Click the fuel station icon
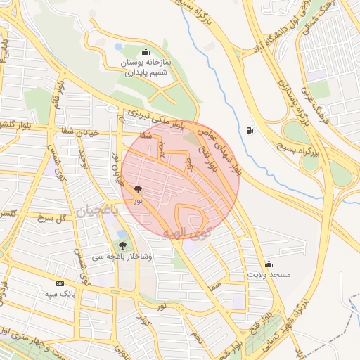point(251,130)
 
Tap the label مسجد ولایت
point(269,274)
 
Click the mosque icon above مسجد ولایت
point(269,264)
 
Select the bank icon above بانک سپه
point(59,283)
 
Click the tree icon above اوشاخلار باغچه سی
point(123,245)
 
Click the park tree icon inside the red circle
point(138,189)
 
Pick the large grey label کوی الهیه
point(186,231)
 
